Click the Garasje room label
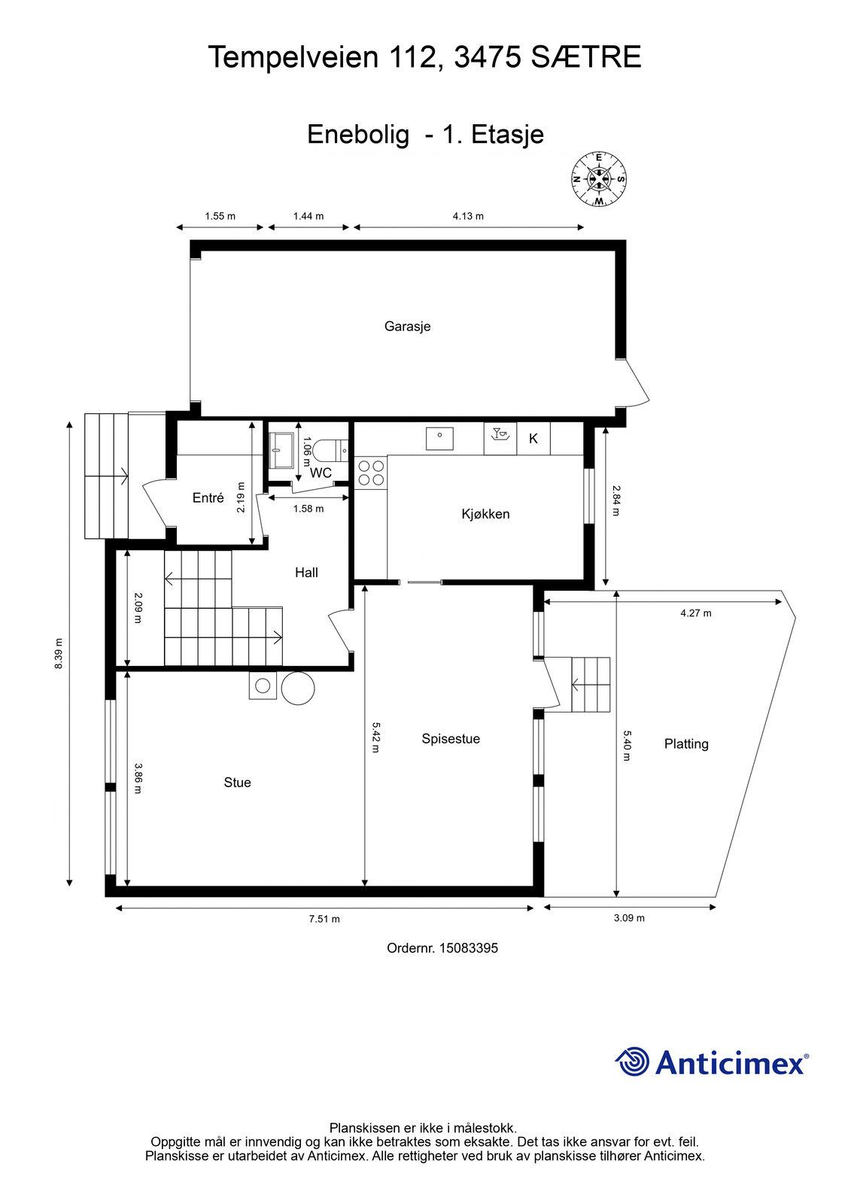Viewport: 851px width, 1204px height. [x=407, y=327]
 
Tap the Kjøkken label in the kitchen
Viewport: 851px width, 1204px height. [x=485, y=515]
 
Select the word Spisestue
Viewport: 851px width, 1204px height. [x=451, y=739]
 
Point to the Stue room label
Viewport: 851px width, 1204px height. [x=237, y=783]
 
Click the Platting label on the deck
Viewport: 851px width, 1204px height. [x=686, y=744]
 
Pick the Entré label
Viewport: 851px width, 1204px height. [x=208, y=497]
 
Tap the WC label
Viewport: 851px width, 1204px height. [x=321, y=473]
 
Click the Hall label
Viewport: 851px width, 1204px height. [x=306, y=573]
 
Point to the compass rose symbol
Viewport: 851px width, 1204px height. [x=599, y=179]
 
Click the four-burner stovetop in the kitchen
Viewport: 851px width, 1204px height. [x=371, y=473]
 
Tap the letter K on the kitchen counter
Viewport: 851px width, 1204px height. [x=533, y=439]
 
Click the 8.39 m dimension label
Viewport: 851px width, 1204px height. [x=59, y=654]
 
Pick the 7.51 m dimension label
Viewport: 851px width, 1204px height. [x=324, y=919]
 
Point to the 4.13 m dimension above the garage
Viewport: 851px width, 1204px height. [x=468, y=217]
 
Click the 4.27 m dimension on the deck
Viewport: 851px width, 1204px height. [x=696, y=613]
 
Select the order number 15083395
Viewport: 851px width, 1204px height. [x=469, y=948]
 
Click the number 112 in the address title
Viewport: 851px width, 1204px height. [x=413, y=57]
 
